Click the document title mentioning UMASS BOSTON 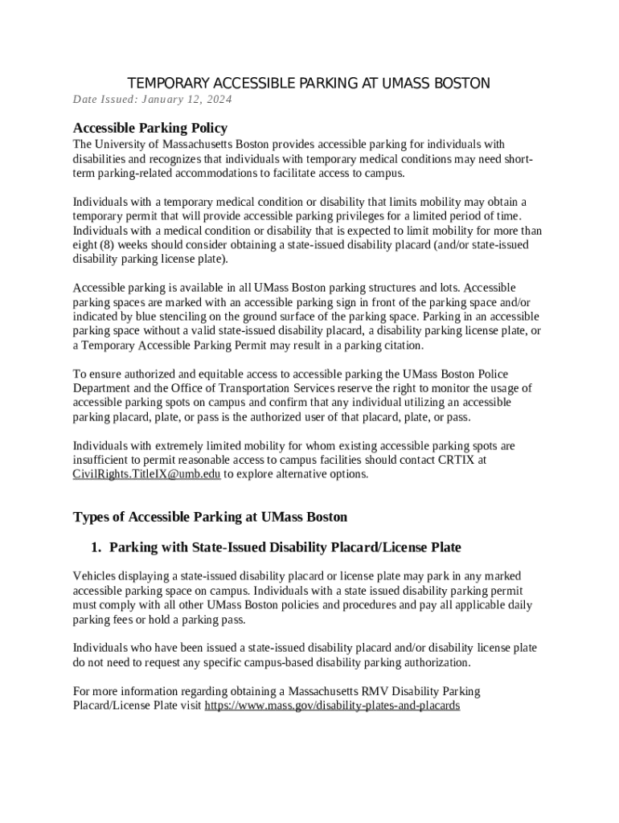(309, 84)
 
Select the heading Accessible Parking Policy (150, 128)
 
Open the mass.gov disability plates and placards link (332, 706)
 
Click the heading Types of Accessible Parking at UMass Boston (210, 516)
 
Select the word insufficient (104, 460)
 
